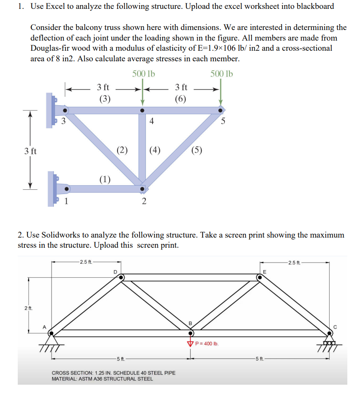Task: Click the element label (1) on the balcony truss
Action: [105, 179]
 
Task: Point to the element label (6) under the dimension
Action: [181, 99]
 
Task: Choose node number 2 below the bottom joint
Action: [144, 201]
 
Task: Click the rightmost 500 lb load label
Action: [221, 74]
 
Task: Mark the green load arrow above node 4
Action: [143, 95]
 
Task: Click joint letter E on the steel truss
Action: [265, 271]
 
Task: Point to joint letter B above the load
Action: [190, 324]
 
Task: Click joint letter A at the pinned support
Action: [44, 326]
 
